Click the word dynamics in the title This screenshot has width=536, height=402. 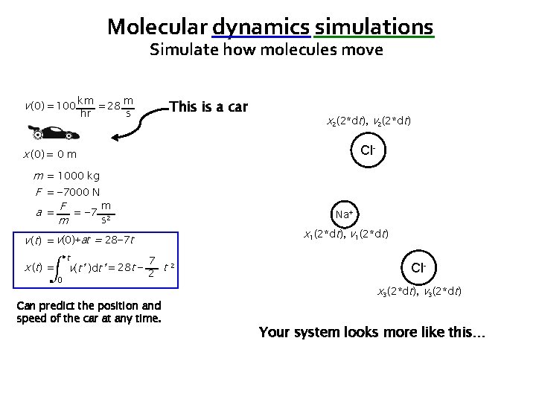click(x=261, y=27)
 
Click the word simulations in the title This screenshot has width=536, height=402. click(x=374, y=27)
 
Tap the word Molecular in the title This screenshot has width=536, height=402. click(x=156, y=27)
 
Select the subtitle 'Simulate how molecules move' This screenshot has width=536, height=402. click(x=267, y=51)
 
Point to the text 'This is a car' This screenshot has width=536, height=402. click(x=208, y=106)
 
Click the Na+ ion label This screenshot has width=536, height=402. click(x=343, y=214)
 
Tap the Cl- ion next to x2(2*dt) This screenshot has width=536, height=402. click(x=367, y=150)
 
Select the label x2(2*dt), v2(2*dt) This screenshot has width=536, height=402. click(x=370, y=121)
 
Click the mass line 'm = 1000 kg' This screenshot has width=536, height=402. click(x=67, y=176)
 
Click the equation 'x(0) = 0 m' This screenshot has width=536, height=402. click(x=50, y=154)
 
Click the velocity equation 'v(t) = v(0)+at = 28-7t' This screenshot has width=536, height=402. click(x=78, y=240)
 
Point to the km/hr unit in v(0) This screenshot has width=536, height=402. click(x=84, y=107)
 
